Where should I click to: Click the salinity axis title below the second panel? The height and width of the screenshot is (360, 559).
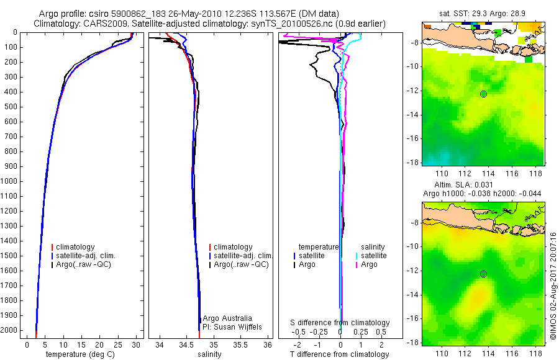point(209,354)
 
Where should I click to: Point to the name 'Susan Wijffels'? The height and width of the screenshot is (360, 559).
point(235,326)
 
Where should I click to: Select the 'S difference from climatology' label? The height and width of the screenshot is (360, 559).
point(340,323)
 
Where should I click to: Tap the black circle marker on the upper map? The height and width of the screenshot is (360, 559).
point(483,94)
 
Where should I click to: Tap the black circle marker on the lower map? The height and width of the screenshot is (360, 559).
point(483,274)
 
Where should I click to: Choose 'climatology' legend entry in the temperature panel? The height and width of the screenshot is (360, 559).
point(75,247)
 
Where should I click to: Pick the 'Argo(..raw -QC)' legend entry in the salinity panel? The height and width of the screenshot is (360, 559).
point(241,264)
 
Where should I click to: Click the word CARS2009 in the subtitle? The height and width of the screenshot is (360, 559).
point(104,24)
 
